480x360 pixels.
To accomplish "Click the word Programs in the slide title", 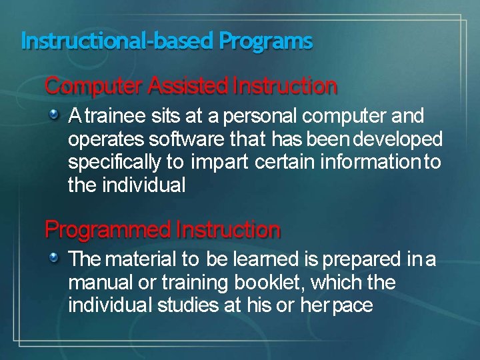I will [x=265, y=42].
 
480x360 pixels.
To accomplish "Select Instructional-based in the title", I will [x=118, y=41].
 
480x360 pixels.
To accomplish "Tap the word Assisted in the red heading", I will [x=188, y=86].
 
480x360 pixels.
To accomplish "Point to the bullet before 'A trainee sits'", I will [x=58, y=116].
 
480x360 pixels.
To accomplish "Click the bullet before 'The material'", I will [x=58, y=258].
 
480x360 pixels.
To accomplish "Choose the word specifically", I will [x=114, y=163].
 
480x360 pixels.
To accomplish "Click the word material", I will [x=142, y=259].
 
